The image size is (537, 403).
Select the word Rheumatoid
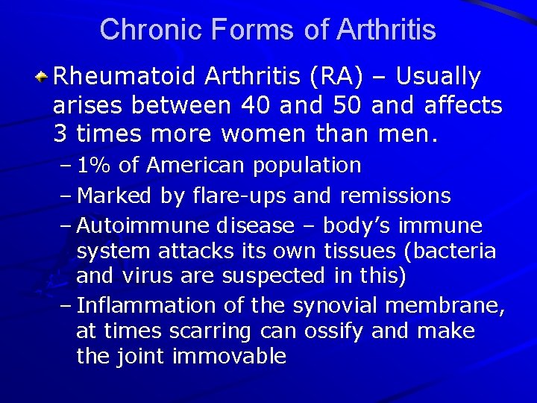pos(125,76)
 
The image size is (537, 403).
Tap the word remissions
pos(395,196)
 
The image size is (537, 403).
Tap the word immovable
pos(229,356)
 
